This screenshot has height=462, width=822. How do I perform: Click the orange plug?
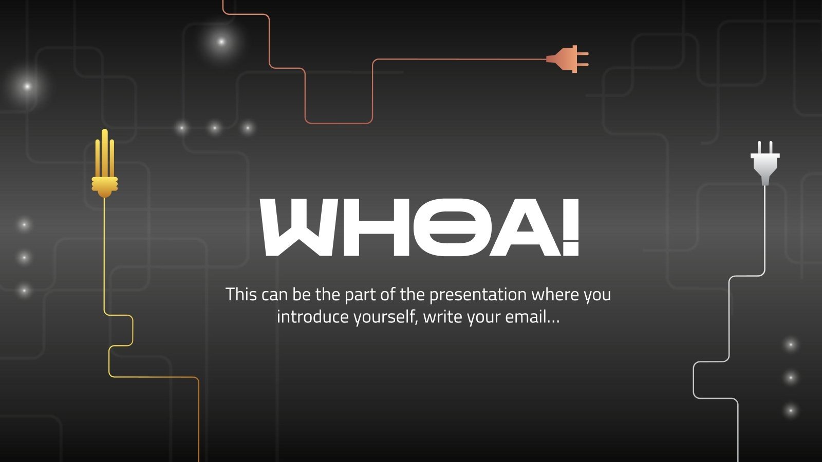(x=565, y=59)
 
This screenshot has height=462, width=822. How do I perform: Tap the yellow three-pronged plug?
(x=105, y=175)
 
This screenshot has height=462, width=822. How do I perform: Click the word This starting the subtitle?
(x=241, y=295)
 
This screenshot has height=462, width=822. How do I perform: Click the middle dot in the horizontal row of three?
(x=215, y=128)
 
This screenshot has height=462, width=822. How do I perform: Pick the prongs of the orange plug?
(x=583, y=59)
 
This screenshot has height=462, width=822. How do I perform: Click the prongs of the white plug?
(x=765, y=147)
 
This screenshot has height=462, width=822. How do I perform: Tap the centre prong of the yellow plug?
(x=105, y=149)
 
